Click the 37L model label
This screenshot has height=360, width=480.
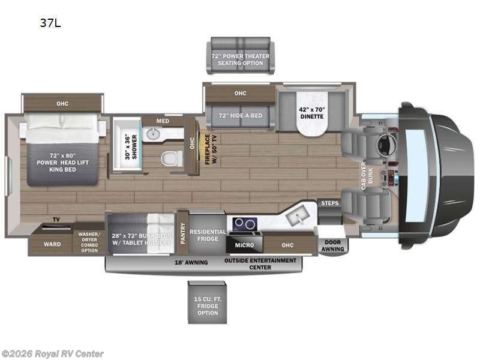[x=50, y=24]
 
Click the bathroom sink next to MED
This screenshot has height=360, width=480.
[x=154, y=133]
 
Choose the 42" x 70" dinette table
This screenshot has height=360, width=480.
[x=311, y=113]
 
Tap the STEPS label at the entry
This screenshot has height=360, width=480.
[x=329, y=203]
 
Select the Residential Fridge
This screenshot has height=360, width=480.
[x=208, y=235]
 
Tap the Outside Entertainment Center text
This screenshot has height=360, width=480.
[x=260, y=263]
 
